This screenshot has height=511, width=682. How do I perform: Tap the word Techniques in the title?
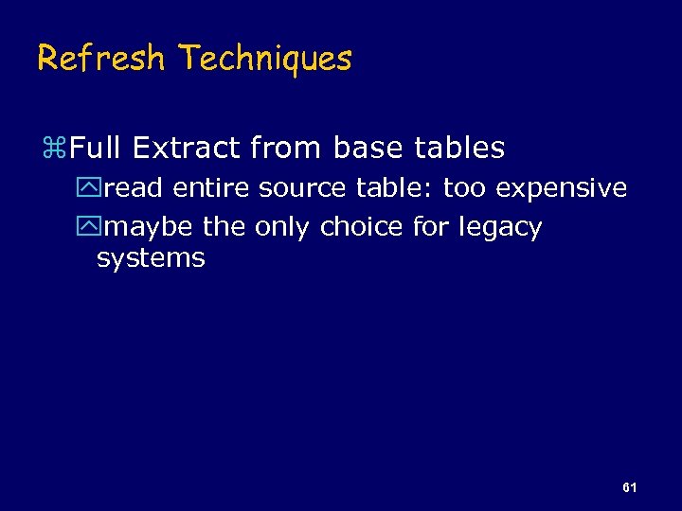point(265,59)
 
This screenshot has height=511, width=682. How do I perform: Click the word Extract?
point(185,149)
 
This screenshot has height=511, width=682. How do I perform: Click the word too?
point(464,188)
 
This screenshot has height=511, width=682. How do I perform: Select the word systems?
point(151,258)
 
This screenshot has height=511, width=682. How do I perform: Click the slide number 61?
point(629,487)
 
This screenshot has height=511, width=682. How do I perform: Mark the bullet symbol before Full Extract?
point(53,149)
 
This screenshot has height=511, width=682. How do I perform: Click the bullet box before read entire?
point(91,188)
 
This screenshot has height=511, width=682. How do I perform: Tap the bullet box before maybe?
point(91,228)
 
